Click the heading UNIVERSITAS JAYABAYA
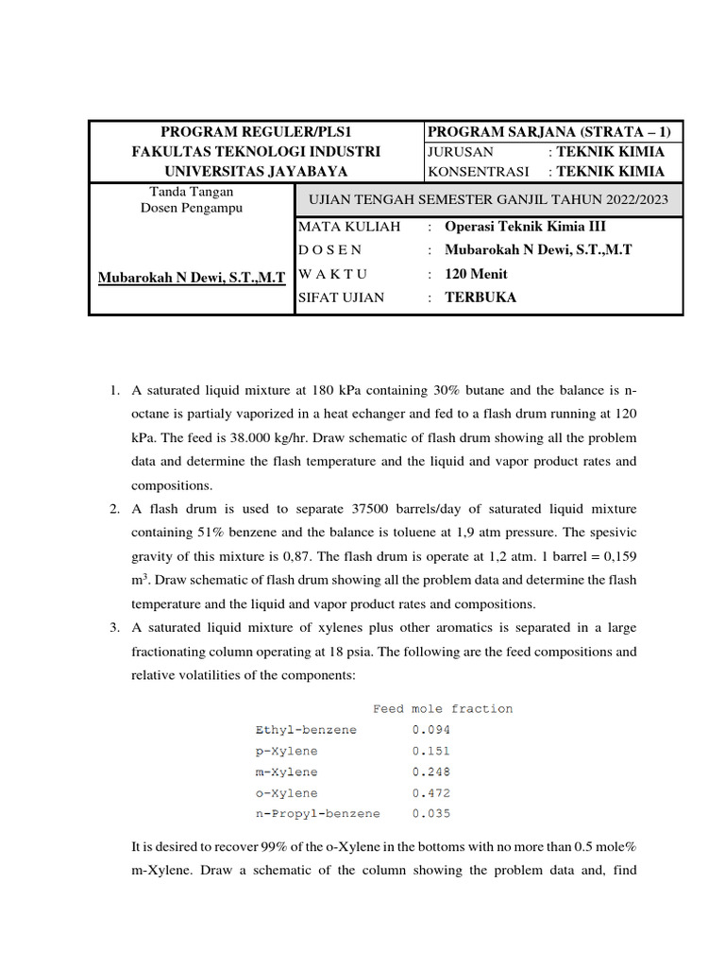tap(256, 171)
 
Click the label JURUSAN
tap(461, 151)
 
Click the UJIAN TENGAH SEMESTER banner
tap(489, 198)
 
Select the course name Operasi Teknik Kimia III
tap(525, 227)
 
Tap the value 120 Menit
tap(476, 274)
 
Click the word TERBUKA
tap(481, 297)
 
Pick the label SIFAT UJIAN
tap(341, 297)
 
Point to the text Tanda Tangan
tap(192, 192)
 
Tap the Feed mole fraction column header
tap(443, 708)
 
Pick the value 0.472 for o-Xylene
tap(431, 793)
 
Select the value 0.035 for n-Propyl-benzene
tap(431, 813)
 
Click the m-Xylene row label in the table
tap(286, 772)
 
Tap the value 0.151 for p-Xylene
tap(431, 751)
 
